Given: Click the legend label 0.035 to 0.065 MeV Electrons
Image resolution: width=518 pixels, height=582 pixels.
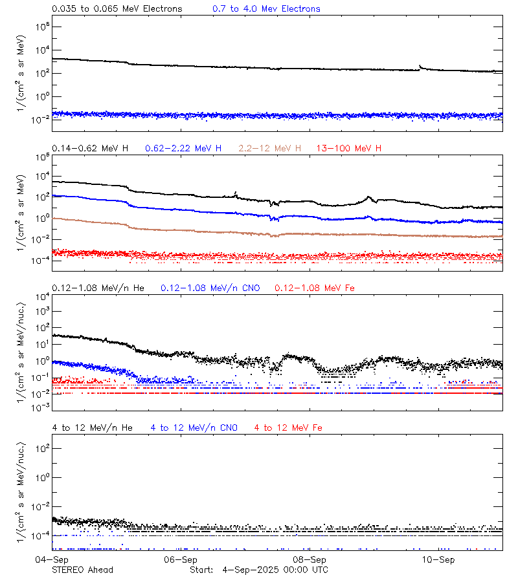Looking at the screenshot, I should tap(117, 9).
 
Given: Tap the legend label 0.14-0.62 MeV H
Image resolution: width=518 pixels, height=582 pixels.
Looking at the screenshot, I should tap(90, 149).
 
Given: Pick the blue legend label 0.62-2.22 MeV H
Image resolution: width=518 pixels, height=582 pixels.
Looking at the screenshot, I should tap(183, 149).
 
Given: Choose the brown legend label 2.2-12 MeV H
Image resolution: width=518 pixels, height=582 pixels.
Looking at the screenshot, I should tap(270, 149).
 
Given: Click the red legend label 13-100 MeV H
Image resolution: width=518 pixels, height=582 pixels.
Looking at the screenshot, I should tap(349, 149).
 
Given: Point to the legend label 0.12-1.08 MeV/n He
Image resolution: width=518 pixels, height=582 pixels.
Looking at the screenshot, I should tap(101, 288).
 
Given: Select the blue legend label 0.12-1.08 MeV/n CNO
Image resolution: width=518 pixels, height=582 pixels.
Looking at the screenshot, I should tap(210, 288).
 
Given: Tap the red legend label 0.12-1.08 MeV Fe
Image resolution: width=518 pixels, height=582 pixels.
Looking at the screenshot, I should tap(315, 288).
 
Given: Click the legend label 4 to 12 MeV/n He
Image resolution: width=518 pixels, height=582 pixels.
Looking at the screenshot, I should tap(92, 427).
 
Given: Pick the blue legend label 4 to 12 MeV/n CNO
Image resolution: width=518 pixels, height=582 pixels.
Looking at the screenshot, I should tap(194, 427).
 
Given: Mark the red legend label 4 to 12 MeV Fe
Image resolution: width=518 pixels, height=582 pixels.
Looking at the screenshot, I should tap(288, 427).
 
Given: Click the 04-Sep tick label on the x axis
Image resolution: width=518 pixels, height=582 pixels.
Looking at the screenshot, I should tap(52, 559).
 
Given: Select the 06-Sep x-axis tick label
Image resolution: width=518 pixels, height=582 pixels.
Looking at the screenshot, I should tap(181, 559).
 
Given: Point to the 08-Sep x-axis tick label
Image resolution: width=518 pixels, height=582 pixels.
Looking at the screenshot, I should tap(310, 559).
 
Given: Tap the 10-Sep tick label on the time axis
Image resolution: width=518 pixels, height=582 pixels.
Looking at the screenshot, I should tap(438, 559).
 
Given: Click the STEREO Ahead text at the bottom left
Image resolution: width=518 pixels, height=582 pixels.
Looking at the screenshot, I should tap(82, 570).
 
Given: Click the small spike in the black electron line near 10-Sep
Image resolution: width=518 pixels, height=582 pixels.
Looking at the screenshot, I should tap(421, 66).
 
